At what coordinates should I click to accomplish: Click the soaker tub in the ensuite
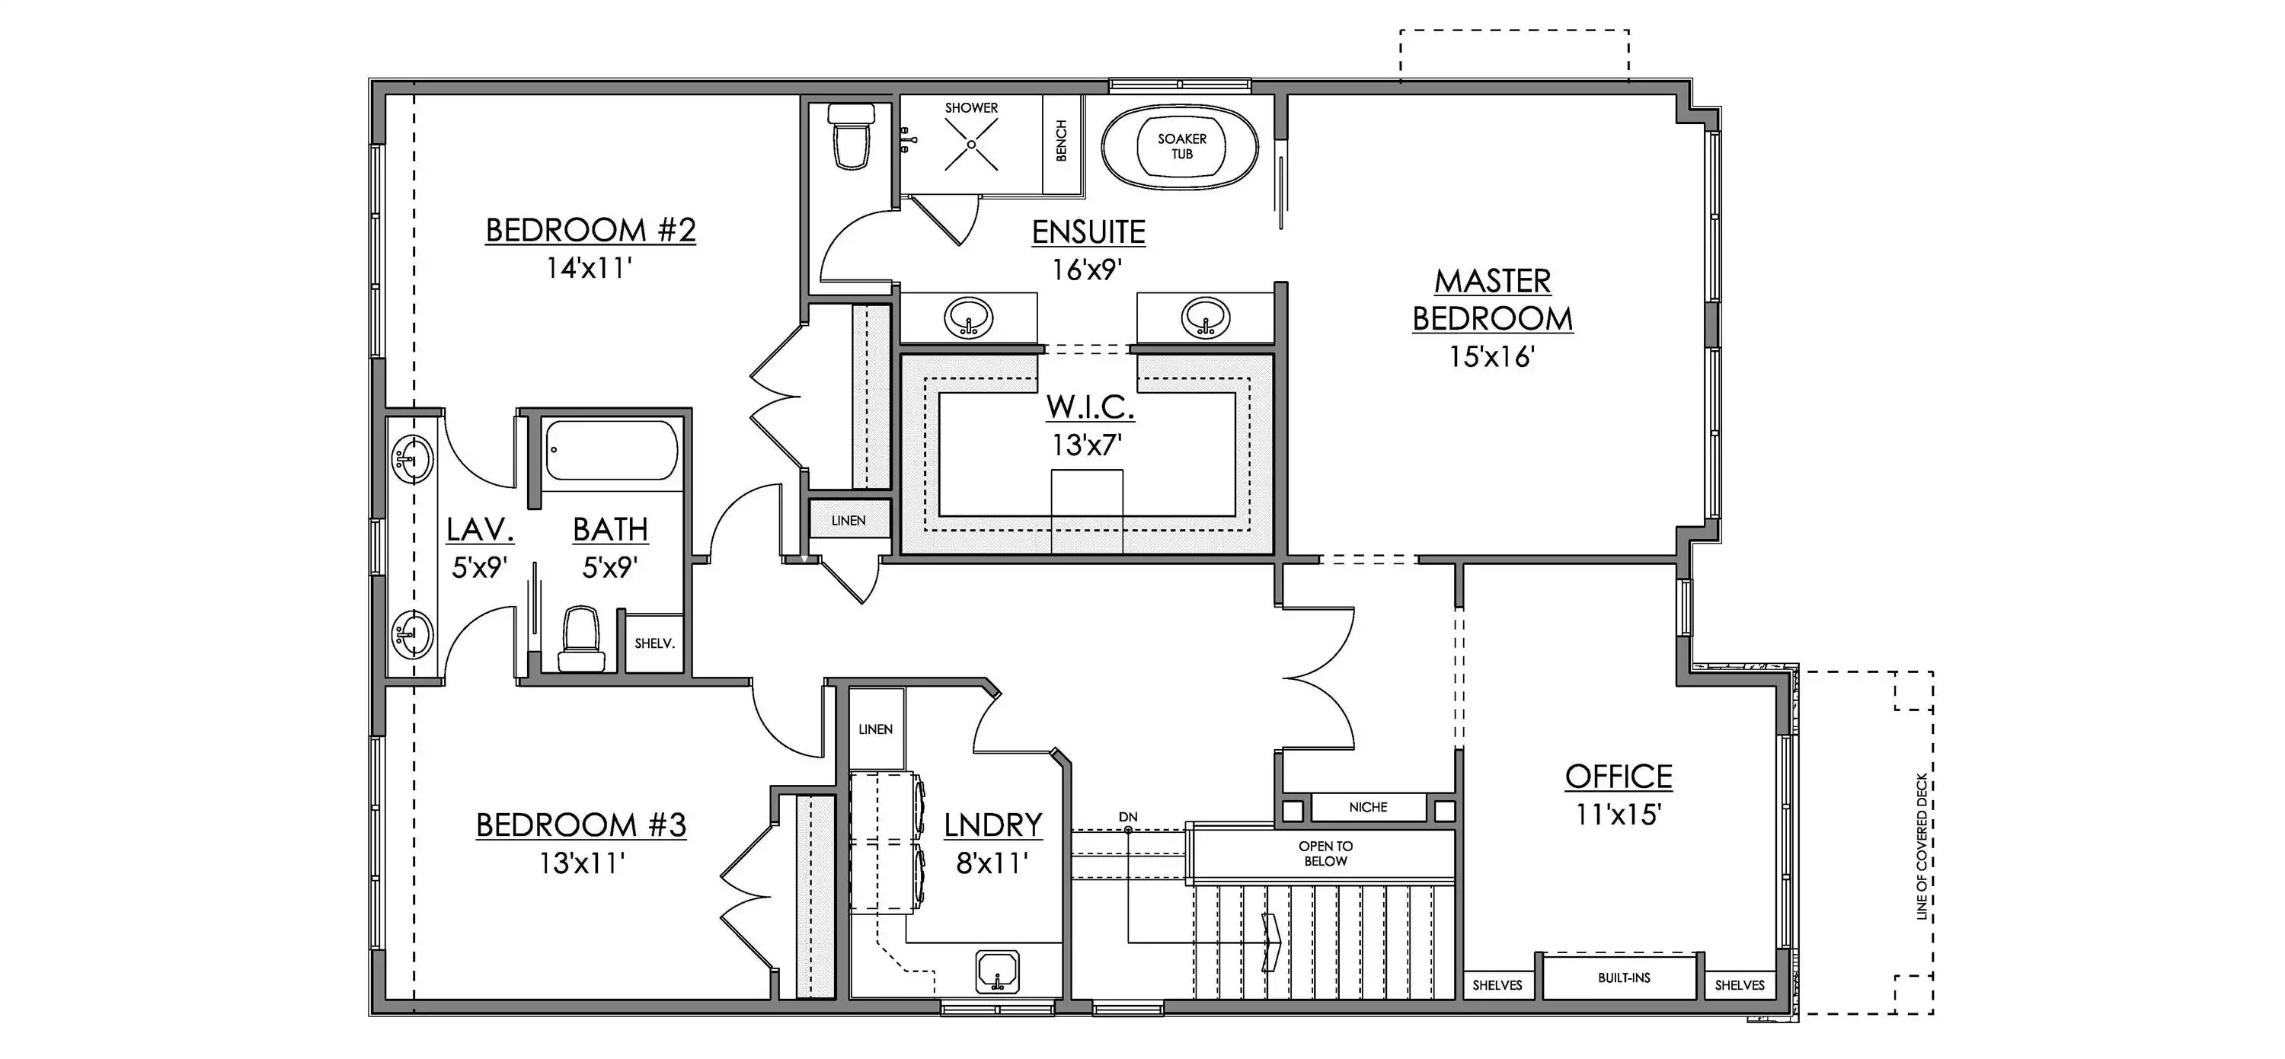tap(1181, 146)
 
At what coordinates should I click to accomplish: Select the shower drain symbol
tap(971, 145)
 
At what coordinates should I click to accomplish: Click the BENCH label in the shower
tap(1061, 140)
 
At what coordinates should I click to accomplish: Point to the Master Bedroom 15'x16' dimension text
tap(1492, 356)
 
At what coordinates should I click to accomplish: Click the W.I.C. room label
tap(1090, 407)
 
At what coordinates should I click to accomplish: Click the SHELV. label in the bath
tap(654, 643)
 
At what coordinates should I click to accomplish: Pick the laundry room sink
tap(998, 972)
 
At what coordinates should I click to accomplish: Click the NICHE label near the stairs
tap(1368, 807)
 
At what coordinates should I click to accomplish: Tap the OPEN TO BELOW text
tap(1325, 853)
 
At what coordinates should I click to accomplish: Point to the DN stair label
tap(1127, 817)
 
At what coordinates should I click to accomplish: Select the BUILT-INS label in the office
tap(1624, 978)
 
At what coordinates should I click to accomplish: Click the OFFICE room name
tap(1618, 777)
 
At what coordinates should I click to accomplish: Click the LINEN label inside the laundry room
tap(875, 729)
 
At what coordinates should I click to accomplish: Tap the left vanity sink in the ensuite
tap(968, 317)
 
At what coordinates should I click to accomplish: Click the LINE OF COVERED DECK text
tap(1922, 847)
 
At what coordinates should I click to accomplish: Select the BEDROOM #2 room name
tap(591, 231)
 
